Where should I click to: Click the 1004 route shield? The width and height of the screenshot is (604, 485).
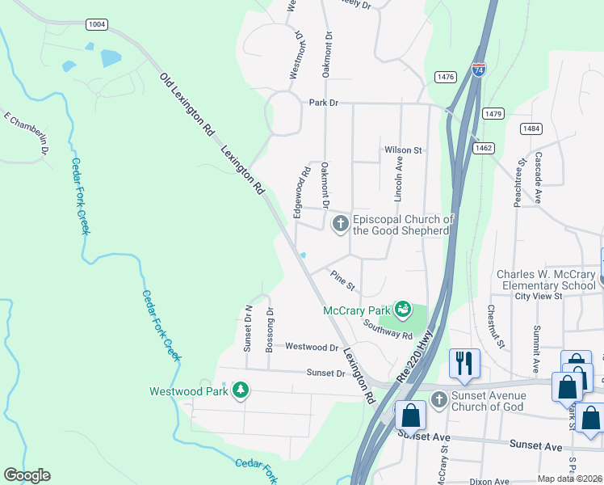tap(97, 25)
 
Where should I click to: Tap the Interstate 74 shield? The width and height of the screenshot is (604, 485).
tap(479, 70)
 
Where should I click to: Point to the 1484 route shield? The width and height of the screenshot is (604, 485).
tap(531, 129)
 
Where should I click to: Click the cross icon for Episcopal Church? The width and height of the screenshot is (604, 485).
tap(341, 223)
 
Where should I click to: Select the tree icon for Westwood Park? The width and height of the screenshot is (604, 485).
tap(240, 391)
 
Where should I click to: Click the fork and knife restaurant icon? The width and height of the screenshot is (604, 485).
tap(464, 363)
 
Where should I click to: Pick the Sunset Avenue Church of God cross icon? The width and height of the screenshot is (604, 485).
tap(438, 399)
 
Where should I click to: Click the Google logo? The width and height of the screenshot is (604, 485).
tap(27, 475)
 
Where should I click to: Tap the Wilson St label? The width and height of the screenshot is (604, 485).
tap(403, 150)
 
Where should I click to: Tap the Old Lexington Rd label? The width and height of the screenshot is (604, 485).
tap(187, 103)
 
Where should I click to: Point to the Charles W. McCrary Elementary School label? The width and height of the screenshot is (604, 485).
tap(547, 280)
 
